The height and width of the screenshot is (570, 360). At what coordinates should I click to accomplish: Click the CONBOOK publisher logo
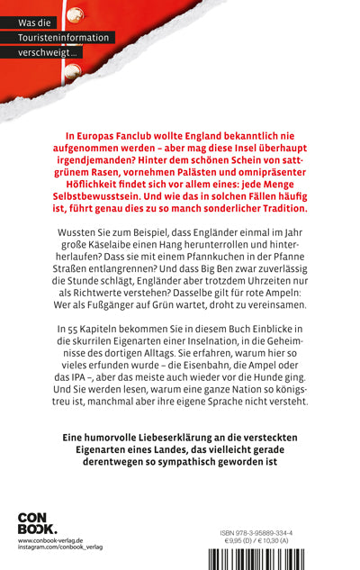[x=37, y=523]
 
